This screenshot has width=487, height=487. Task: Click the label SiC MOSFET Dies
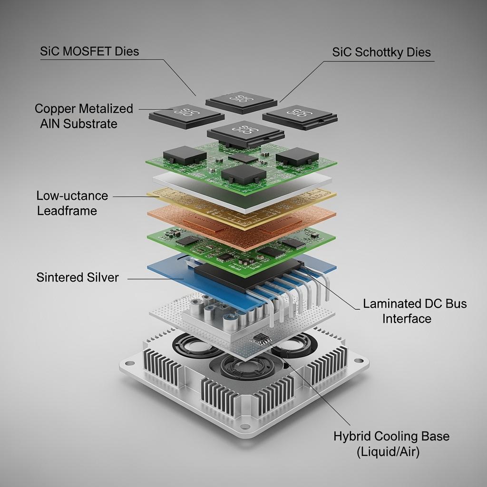tap(89, 51)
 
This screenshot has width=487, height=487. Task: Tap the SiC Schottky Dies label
tap(381, 52)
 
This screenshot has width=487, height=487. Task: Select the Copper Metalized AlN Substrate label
tap(84, 116)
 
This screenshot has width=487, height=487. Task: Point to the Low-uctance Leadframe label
tap(72, 203)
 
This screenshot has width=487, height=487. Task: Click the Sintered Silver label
tap(78, 277)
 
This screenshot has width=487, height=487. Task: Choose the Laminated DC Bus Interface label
tap(415, 311)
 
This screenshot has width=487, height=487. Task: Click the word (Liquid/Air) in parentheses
tap(388, 452)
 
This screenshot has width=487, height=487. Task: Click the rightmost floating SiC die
tap(300, 116)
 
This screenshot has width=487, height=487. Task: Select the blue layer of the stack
tap(166, 271)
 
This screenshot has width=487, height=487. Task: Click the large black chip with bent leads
tap(247, 276)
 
